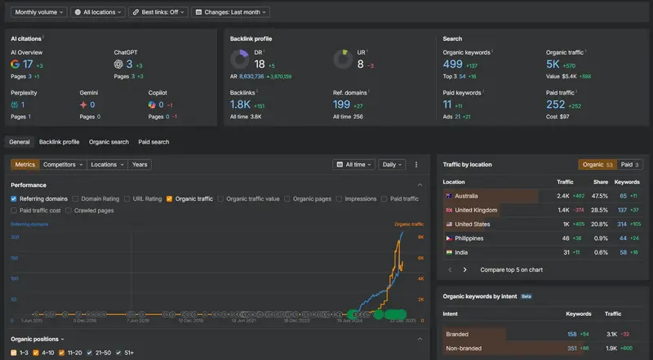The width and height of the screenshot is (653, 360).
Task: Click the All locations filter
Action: tap(98, 12)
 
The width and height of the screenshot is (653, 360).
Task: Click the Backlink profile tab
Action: tap(60, 142)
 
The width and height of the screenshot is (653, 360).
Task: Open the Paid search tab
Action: tap(153, 142)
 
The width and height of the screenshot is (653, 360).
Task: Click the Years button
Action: tap(140, 164)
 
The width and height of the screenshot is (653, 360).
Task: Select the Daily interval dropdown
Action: tap(393, 164)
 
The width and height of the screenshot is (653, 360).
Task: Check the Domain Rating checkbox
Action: tap(76, 198)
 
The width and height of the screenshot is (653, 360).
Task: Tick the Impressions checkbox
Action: tap(340, 198)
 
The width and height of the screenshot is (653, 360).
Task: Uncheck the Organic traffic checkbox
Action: tap(169, 198)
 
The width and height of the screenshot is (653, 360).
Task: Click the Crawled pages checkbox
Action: tap(69, 211)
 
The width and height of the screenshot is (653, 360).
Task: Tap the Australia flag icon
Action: tap(448, 196)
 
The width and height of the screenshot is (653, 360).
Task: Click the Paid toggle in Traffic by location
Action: tap(627, 164)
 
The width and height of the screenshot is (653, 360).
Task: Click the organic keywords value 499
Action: tap(452, 64)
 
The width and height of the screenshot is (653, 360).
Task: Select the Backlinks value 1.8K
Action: tap(240, 104)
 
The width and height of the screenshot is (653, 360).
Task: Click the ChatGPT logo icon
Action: tap(118, 64)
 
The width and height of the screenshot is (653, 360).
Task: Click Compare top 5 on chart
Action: tap(511, 269)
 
